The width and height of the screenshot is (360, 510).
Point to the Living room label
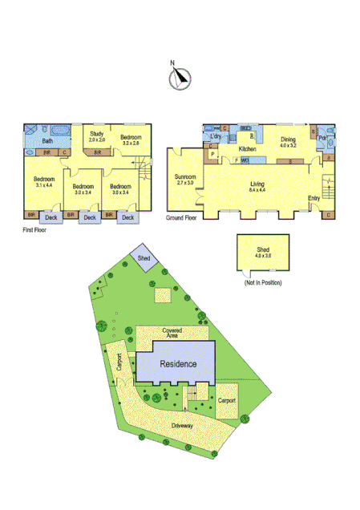click(257, 184)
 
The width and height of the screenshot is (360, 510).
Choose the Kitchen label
click(247, 150)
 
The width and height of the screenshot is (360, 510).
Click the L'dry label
click(216, 136)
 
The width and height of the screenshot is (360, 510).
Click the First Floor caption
click(38, 229)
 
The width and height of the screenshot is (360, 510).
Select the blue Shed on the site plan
click(144, 258)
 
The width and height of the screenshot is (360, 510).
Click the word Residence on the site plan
click(176, 362)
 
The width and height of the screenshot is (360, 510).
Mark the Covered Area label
click(172, 332)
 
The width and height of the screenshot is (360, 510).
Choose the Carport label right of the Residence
click(226, 399)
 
